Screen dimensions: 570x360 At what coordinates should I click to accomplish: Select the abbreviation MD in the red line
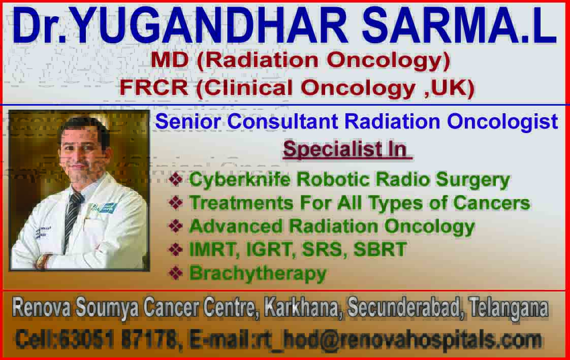point(169,59)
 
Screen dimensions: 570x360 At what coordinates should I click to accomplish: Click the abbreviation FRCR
point(154,87)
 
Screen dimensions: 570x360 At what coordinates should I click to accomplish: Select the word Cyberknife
point(240,179)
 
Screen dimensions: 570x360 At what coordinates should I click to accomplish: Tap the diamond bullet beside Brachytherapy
point(176,273)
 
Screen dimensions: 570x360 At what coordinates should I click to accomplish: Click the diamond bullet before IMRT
point(176,249)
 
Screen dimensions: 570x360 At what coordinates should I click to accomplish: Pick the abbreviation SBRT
point(380,249)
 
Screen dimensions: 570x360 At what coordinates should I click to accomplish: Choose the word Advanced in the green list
point(236,226)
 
